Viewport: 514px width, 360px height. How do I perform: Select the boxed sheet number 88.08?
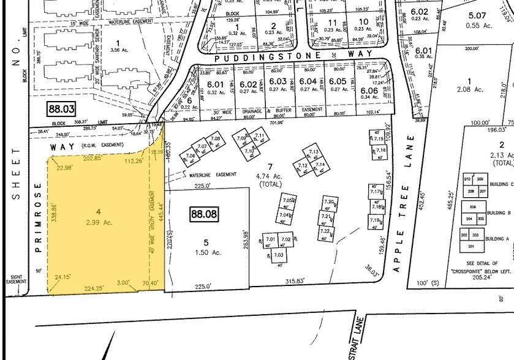(204, 215)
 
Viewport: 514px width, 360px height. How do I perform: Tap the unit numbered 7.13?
(314, 152)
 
